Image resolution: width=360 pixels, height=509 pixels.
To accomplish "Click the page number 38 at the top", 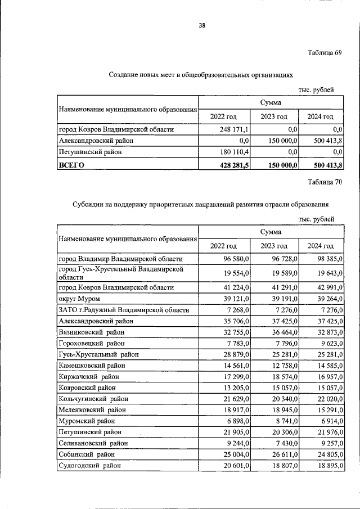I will pyautogui.click(x=201, y=24).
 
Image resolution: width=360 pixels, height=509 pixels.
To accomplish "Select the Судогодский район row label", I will pyautogui.click(x=89, y=465).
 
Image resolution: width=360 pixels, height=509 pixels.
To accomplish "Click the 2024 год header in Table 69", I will pyautogui.click(x=320, y=116).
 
